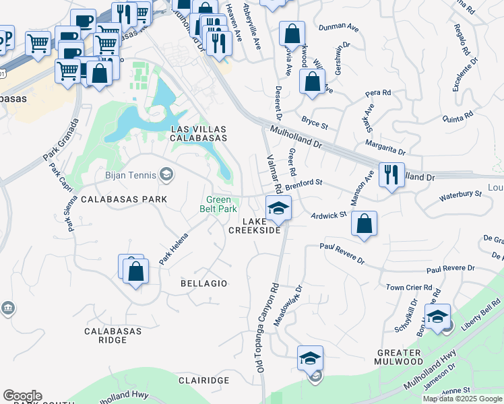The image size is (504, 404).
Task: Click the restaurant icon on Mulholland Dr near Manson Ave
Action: [391, 174]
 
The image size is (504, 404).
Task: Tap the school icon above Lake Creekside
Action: [278, 207]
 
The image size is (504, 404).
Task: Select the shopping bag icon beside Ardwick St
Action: [364, 224]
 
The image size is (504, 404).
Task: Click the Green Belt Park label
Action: [219, 204]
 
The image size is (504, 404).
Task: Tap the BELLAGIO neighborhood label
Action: [204, 283]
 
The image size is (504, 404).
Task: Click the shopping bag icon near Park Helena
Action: [135, 271]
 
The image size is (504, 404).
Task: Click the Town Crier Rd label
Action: [409, 288]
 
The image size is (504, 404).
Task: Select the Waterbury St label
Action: [460, 194]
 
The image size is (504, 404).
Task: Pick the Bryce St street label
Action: [315, 121]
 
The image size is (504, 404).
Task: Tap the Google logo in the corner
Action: [22, 396]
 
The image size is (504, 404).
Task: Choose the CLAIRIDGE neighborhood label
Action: [203, 380]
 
